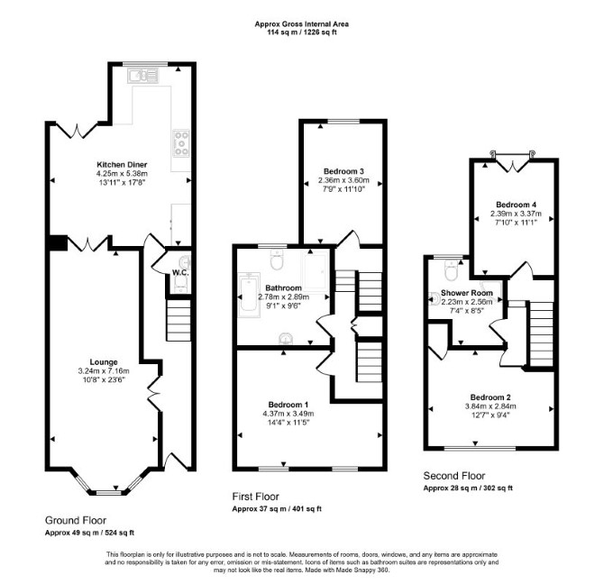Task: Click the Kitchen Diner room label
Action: tap(122, 165)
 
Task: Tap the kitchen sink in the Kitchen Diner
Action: tap(143, 76)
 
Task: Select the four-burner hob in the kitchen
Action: tap(181, 142)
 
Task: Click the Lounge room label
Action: tap(104, 362)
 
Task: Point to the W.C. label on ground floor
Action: tap(180, 273)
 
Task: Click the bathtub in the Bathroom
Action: tap(249, 295)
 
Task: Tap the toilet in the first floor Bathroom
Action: tap(277, 259)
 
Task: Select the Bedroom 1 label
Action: tap(288, 405)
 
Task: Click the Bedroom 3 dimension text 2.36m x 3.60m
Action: tap(343, 180)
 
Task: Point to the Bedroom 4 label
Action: tap(516, 205)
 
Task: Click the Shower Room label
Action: tap(466, 293)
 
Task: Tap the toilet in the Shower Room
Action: tap(451, 269)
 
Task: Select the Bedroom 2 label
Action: tap(490, 397)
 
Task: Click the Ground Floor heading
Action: tap(76, 521)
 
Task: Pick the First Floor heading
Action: tap(255, 497)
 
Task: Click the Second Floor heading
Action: tap(454, 476)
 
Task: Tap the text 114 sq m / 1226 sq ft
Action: tap(302, 32)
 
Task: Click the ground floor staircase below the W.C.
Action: tap(178, 320)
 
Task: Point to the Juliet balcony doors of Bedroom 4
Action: tap(512, 161)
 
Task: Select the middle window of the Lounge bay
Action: tap(108, 492)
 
